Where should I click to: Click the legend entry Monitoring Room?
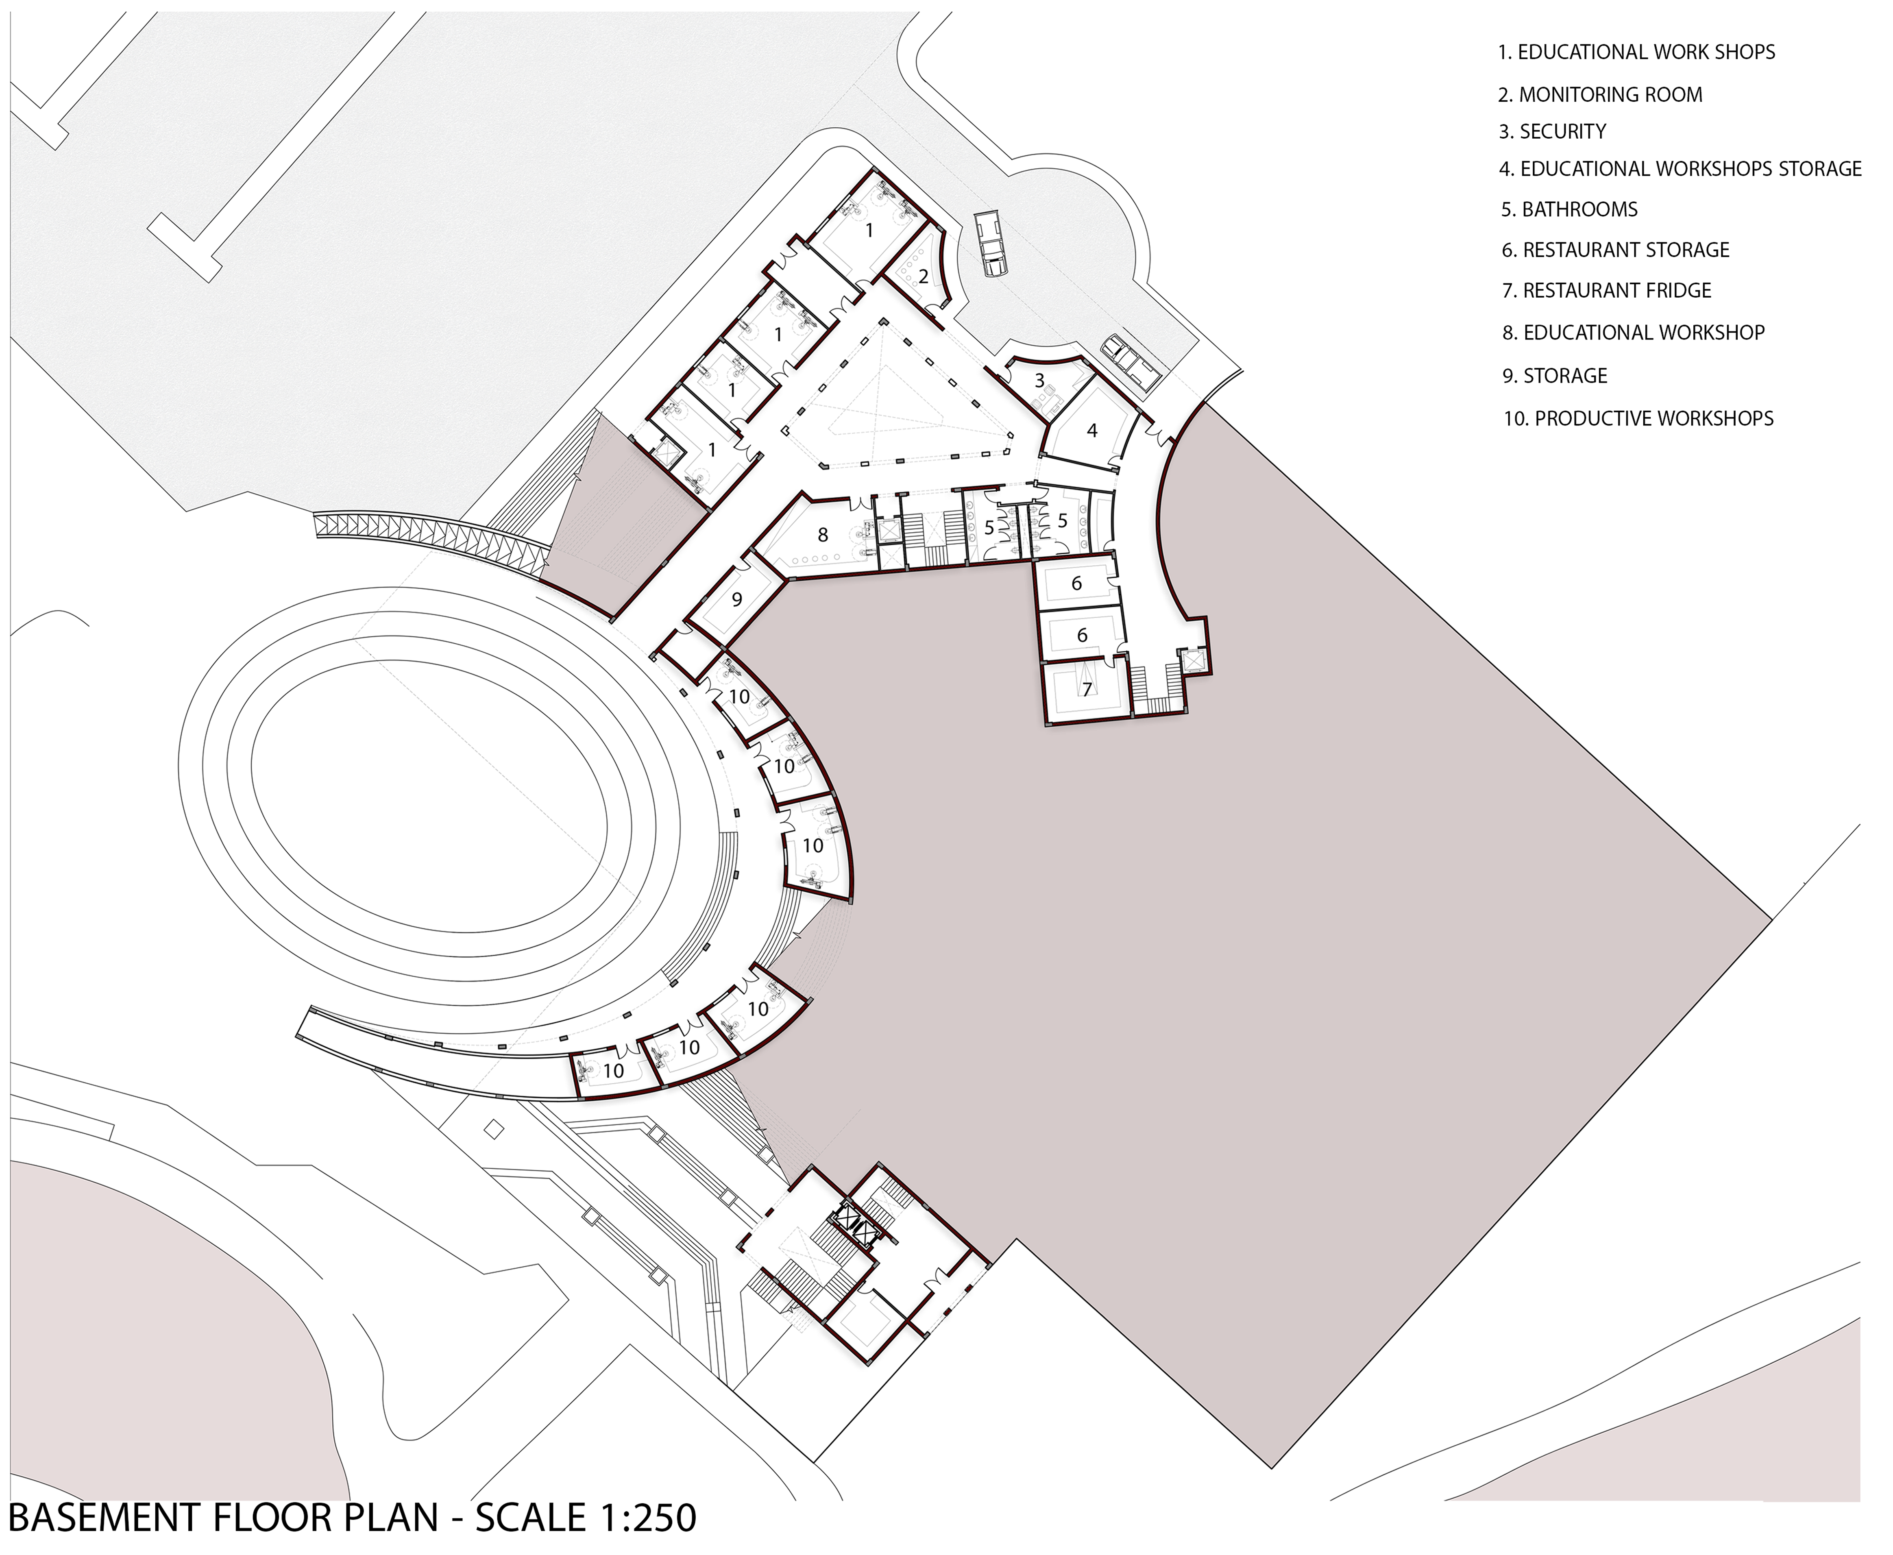[x=1600, y=94]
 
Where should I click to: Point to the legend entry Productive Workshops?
[x=1638, y=418]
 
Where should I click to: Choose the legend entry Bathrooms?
[x=1570, y=209]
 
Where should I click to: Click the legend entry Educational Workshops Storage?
[x=1681, y=169]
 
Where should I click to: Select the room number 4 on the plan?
[x=1092, y=431]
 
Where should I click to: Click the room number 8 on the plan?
[x=822, y=535]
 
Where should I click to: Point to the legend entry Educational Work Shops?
[x=1637, y=52]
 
